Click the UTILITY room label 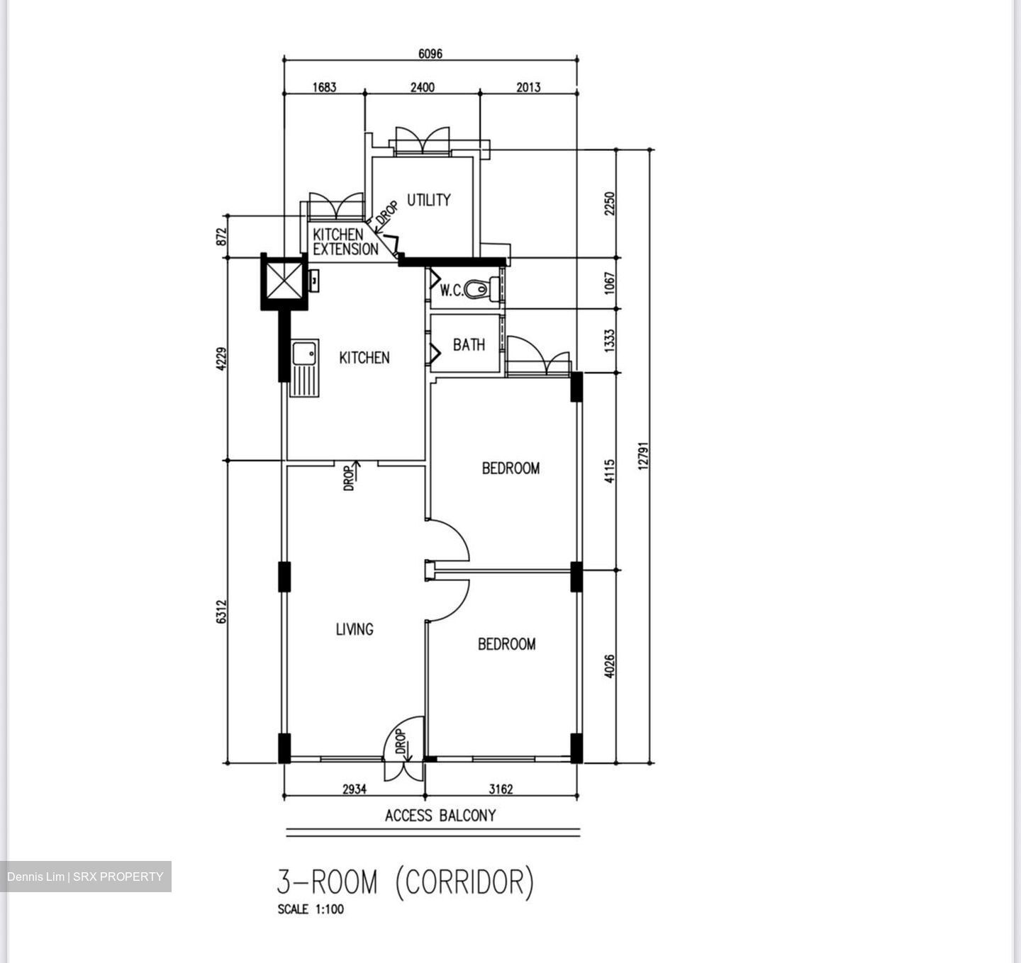(x=428, y=201)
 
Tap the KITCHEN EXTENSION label (x=345, y=242)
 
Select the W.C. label (x=451, y=290)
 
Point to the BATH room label (x=469, y=345)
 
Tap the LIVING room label (x=355, y=629)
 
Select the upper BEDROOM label (x=510, y=468)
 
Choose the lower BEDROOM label (x=506, y=644)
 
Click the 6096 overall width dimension (x=430, y=54)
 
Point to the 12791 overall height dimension (x=643, y=456)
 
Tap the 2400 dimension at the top (x=423, y=87)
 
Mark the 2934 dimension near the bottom (x=355, y=789)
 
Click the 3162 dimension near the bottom (x=501, y=789)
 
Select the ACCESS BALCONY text (x=440, y=816)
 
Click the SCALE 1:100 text (x=311, y=909)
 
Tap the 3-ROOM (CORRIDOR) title (x=406, y=882)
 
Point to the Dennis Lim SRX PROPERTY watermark (x=86, y=877)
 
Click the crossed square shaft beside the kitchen (x=285, y=281)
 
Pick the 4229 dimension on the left (x=222, y=359)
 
